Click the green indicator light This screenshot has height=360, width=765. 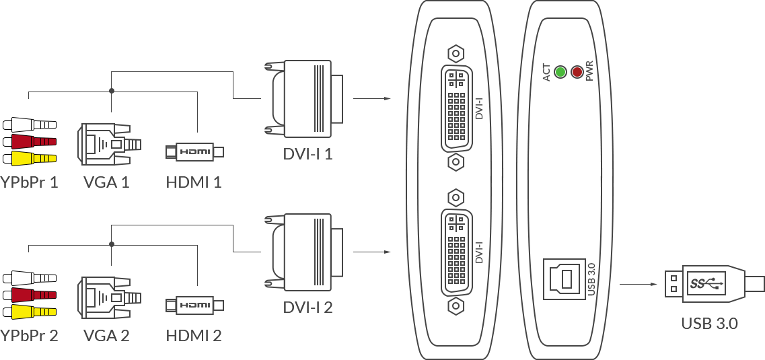[x=560, y=72]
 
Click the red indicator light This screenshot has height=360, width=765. [x=577, y=72]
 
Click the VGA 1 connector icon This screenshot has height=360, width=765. [x=108, y=143]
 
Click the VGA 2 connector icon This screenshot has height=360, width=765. [x=108, y=297]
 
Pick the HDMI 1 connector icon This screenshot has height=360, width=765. [x=194, y=152]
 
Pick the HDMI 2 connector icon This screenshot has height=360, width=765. [x=194, y=305]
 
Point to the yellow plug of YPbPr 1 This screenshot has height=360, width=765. [x=29, y=159]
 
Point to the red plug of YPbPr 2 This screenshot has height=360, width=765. [x=29, y=295]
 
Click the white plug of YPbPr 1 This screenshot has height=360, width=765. [x=29, y=124]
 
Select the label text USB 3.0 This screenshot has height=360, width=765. [x=709, y=324]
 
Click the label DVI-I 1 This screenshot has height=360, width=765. [x=307, y=154]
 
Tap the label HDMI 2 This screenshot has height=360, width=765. [x=194, y=335]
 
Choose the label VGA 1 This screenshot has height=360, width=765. [x=106, y=182]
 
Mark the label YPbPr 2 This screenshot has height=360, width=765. [x=29, y=335]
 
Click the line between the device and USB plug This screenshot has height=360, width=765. [x=638, y=283]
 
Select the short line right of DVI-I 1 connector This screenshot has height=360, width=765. [x=371, y=98]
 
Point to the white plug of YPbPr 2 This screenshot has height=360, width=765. [x=29, y=278]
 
